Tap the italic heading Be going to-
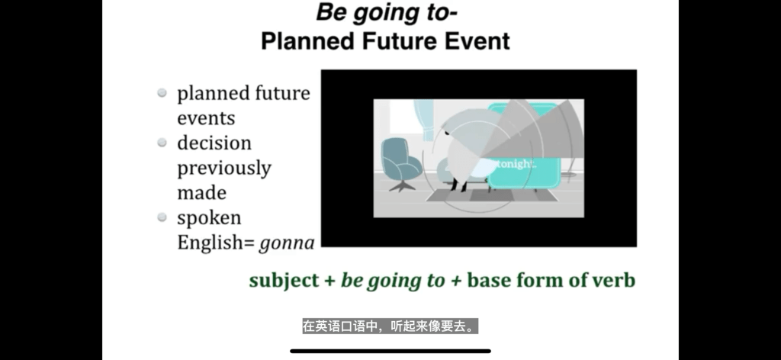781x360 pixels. pos(387,12)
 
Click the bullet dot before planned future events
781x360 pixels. pos(162,92)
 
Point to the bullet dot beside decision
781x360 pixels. pos(162,143)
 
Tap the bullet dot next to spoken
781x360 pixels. pos(162,217)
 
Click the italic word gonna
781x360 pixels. pos(287,243)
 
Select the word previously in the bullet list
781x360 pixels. pos(224,169)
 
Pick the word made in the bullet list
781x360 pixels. pos(201,192)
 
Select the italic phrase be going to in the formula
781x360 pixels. pos(393,281)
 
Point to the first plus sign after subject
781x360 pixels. pos(329,281)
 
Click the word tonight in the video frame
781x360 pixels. pos(516,164)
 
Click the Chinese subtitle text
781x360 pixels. pos(390,326)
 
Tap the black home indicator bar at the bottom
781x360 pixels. pos(390,351)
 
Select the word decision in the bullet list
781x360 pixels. pos(214,143)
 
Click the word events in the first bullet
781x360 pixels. pos(206,118)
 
